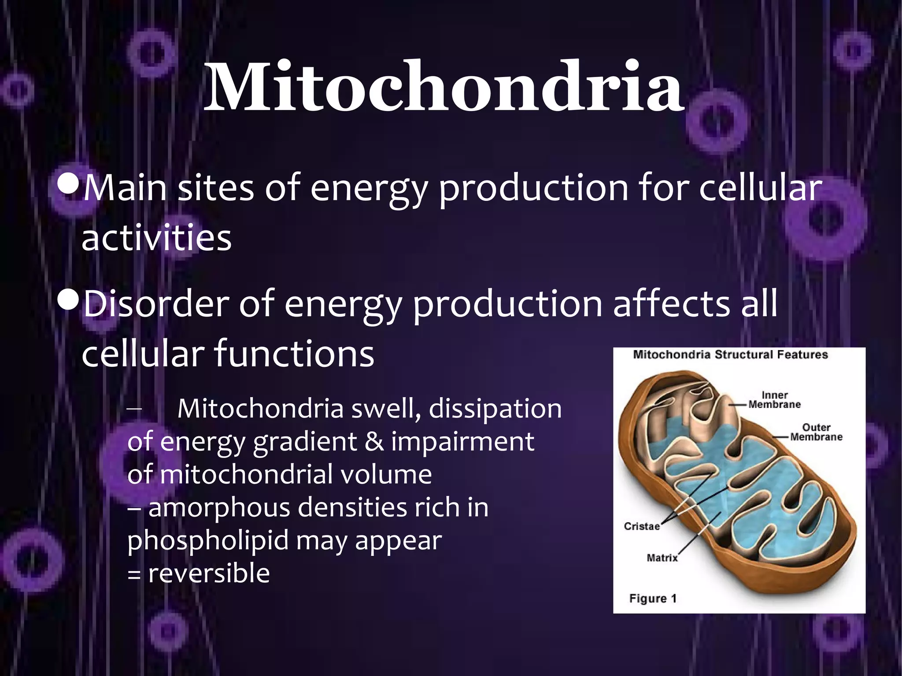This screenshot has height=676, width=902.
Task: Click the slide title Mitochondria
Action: click(444, 87)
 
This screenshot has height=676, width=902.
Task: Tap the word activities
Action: click(156, 238)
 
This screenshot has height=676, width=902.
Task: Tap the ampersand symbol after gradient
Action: click(374, 442)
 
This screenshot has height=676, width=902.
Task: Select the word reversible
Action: click(209, 573)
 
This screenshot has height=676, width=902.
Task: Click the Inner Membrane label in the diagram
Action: click(774, 400)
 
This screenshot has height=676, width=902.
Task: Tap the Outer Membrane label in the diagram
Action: click(816, 432)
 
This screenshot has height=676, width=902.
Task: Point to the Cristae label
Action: click(642, 526)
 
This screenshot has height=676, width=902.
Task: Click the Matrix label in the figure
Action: click(662, 558)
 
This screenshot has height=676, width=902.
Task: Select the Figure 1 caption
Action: click(653, 598)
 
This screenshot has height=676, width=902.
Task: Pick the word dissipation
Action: click(495, 409)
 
